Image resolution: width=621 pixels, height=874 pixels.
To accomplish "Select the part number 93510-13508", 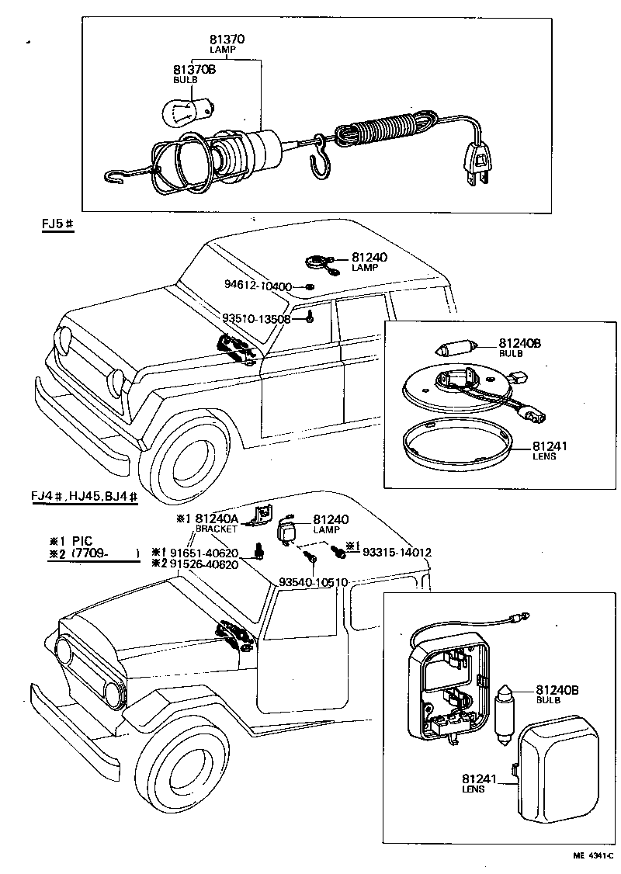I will pyautogui.click(x=256, y=318).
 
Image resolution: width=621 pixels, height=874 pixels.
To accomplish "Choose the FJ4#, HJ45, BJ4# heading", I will pyautogui.click(x=85, y=497).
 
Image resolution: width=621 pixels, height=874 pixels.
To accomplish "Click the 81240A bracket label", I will pyautogui.click(x=216, y=519).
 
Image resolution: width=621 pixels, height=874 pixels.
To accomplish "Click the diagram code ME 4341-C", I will pyautogui.click(x=593, y=855).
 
